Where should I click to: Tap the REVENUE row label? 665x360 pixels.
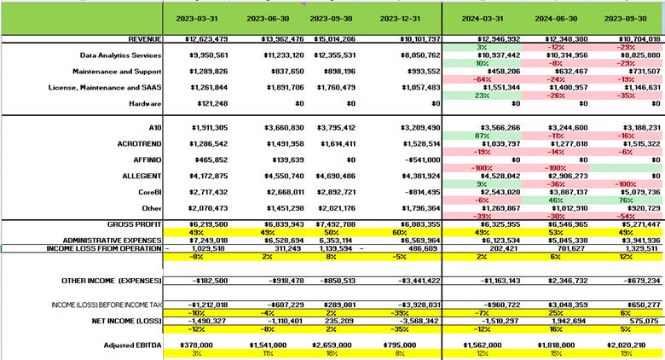pyautogui.click(x=144, y=39)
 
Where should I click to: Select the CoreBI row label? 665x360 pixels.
pyautogui.click(x=147, y=193)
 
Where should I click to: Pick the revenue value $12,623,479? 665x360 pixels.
pyautogui.click(x=204, y=39)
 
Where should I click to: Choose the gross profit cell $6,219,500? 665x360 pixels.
pyautogui.click(x=205, y=223)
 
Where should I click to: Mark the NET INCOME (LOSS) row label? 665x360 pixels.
pyautogui.click(x=125, y=321)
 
